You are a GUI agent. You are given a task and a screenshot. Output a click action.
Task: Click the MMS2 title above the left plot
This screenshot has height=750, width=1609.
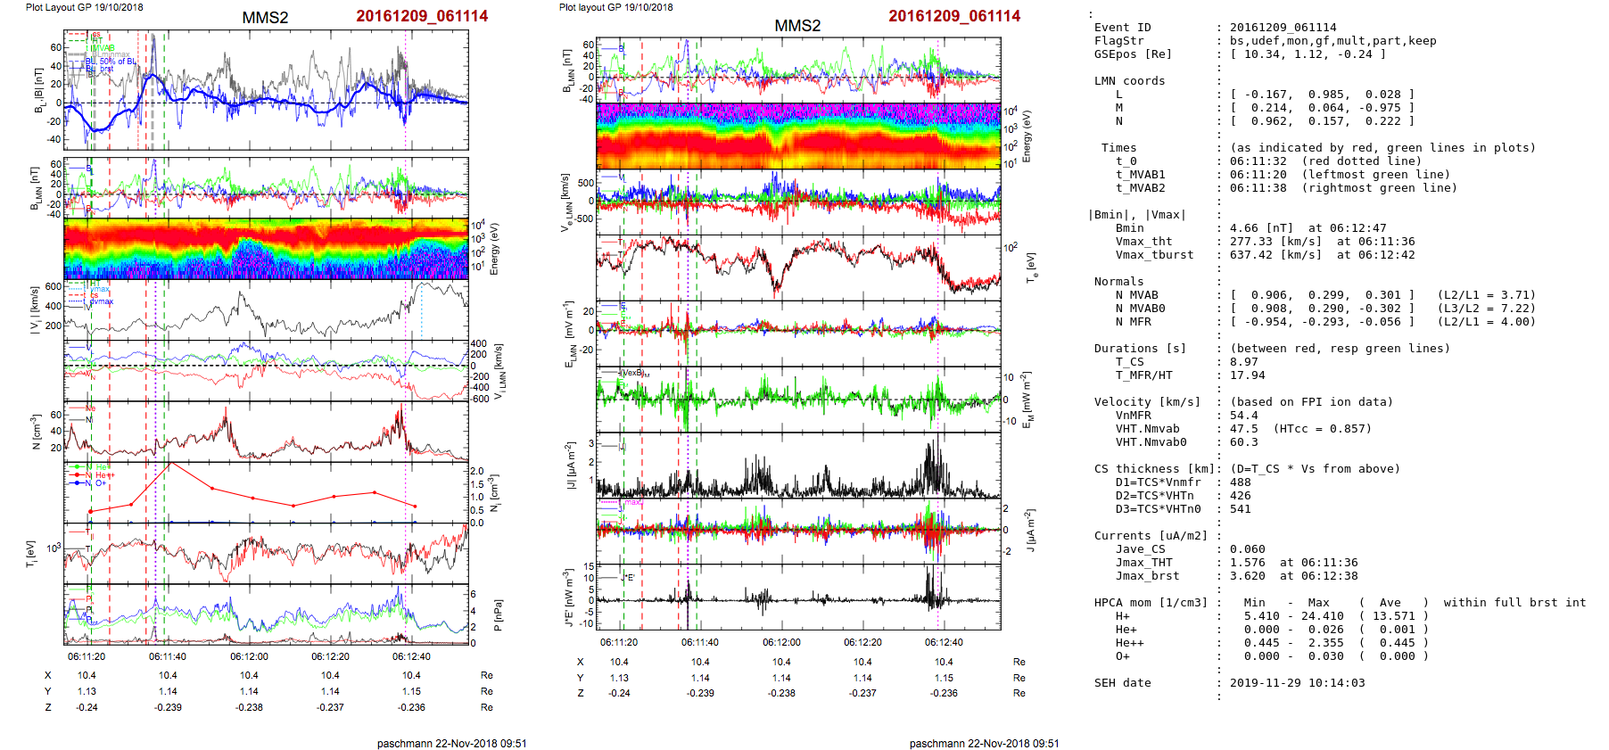tap(265, 18)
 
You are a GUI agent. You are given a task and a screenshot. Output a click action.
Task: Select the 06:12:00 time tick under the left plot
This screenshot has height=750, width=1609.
tap(249, 656)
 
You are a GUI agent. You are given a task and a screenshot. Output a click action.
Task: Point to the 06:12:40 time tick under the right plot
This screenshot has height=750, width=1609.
tap(944, 642)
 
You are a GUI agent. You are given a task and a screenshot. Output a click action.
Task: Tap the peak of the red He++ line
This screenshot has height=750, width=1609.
tap(171, 464)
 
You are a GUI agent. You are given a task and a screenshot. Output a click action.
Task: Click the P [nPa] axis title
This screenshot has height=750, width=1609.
tap(498, 615)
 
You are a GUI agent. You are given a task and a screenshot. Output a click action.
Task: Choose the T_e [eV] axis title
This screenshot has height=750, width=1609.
tap(1031, 267)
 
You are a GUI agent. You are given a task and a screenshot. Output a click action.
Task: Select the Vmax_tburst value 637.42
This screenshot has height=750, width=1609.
tap(1251, 255)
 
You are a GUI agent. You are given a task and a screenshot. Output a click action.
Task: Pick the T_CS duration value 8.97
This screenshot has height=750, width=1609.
tap(1244, 362)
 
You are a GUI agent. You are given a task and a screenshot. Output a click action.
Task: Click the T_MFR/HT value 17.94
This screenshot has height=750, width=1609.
tap(1248, 375)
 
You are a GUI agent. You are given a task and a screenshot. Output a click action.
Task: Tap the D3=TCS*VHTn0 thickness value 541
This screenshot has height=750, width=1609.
tap(1241, 509)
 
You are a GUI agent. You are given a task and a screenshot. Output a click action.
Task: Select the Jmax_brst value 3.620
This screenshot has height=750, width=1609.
tap(1248, 576)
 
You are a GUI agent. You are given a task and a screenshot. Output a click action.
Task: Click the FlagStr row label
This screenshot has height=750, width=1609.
tap(1119, 41)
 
